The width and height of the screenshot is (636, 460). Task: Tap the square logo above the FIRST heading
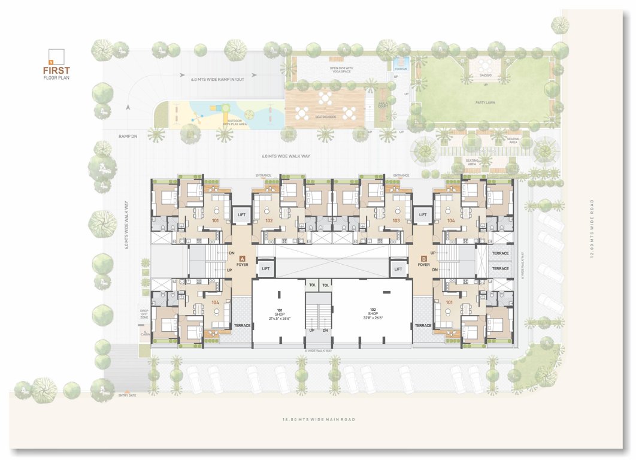coord(56,56)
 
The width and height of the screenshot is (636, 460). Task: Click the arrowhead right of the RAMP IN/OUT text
coord(255,75)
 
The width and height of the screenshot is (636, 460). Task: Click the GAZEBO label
coord(484,76)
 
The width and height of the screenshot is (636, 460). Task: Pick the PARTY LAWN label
coord(485,102)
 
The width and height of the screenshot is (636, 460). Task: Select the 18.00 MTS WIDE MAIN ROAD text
coord(319,419)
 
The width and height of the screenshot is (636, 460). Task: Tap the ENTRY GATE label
coord(128,395)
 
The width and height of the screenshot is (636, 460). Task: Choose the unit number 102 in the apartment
coord(269,221)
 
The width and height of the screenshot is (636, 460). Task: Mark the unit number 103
coord(396,221)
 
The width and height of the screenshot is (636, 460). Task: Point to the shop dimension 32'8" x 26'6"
coord(372,318)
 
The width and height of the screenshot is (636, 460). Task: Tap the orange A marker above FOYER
coord(242,258)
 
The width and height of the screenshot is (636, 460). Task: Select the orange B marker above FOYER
coord(423,258)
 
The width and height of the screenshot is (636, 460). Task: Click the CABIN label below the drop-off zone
coord(144,334)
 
